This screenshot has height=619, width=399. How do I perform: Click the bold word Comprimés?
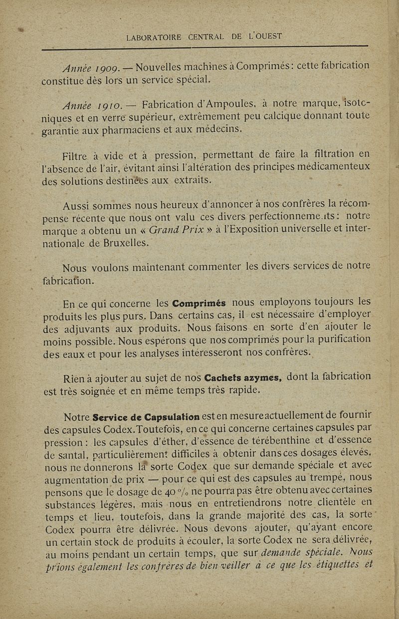coord(199,303)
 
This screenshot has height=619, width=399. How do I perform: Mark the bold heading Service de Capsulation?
coord(147,416)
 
